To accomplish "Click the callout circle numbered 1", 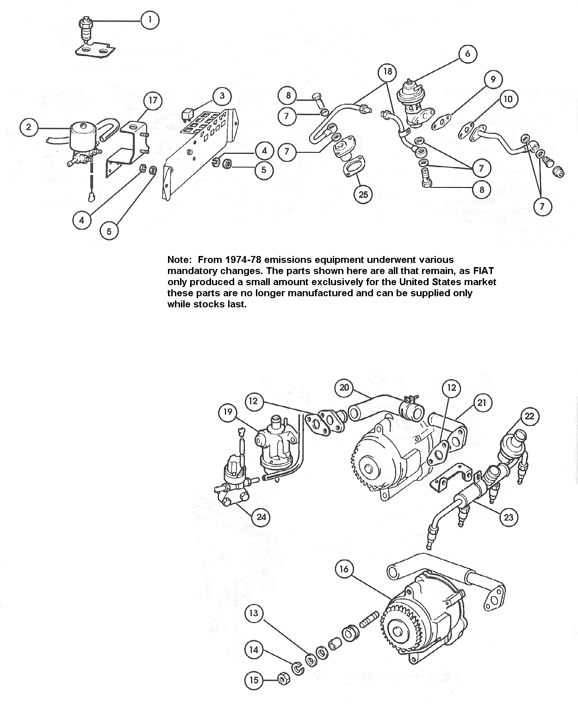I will click(149, 20).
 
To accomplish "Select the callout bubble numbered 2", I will click(29, 126).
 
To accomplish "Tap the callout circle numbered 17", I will click(153, 100).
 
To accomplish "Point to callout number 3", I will click(222, 96).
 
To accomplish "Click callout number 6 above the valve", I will click(467, 54).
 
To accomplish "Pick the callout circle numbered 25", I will click(363, 194).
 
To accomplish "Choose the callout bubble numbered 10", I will click(508, 99).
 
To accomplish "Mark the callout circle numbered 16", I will click(343, 568).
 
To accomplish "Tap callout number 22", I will click(529, 416).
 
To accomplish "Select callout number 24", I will click(261, 516).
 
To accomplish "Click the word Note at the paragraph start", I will click(179, 260).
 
